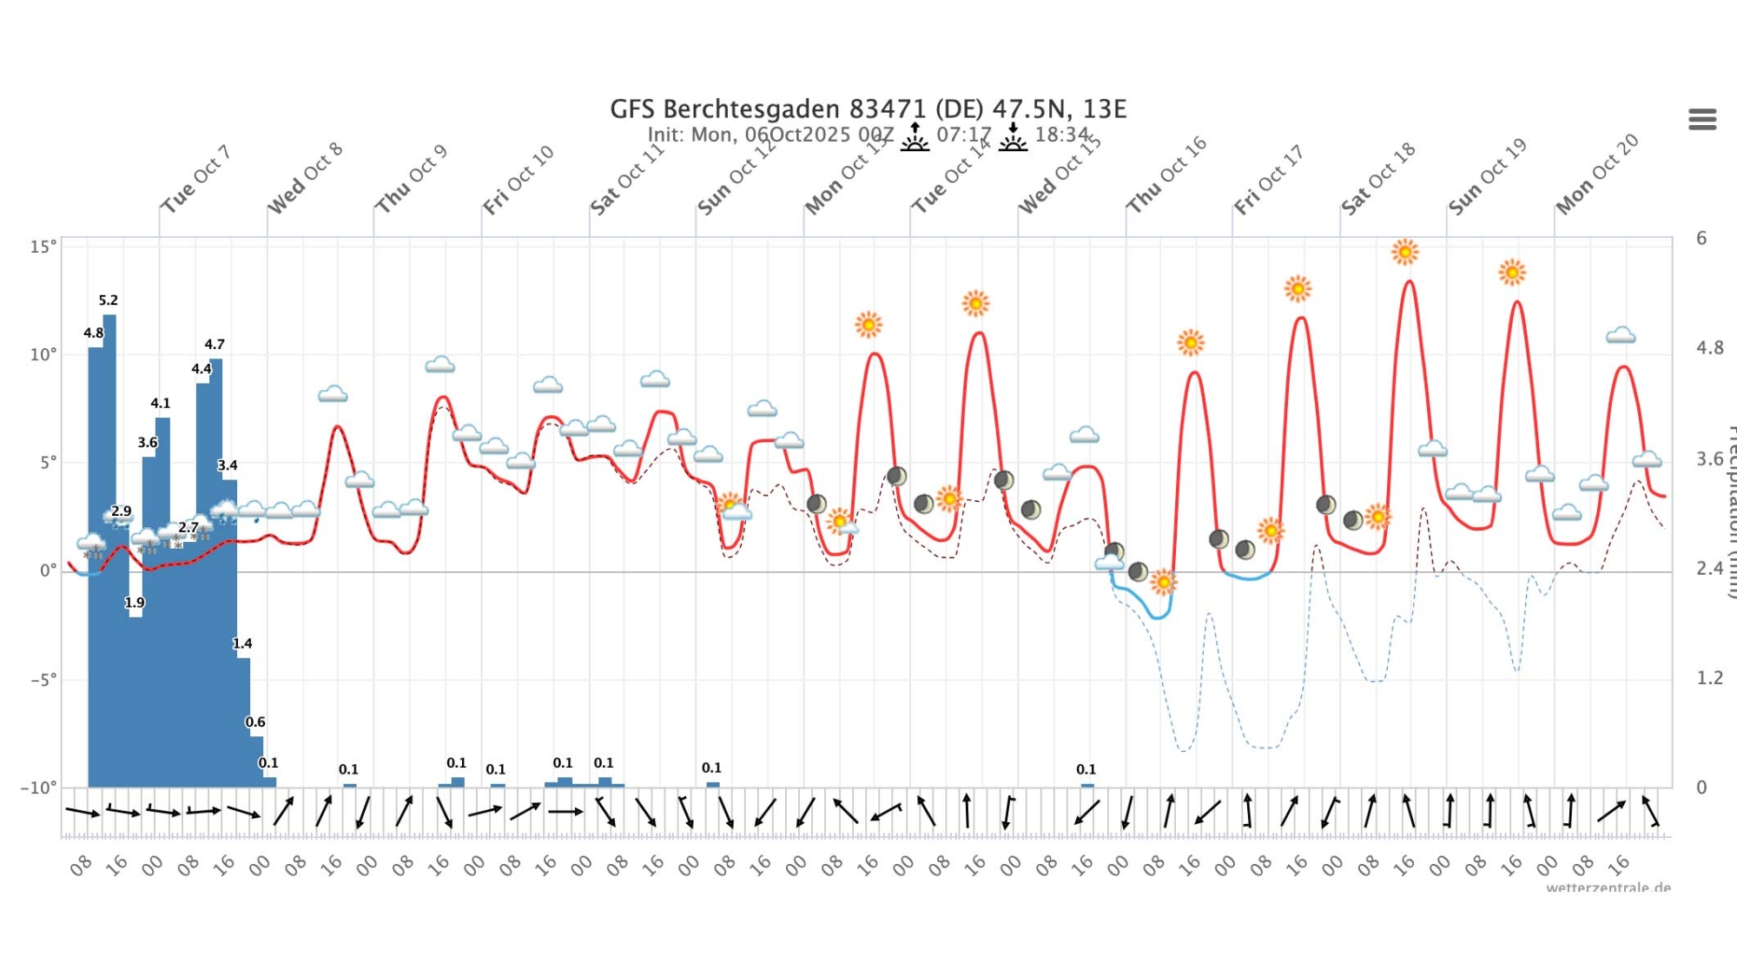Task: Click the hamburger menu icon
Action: click(x=1702, y=119)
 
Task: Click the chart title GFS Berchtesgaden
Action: click(x=868, y=109)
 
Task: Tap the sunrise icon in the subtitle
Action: click(x=915, y=137)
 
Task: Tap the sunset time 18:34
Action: click(x=1061, y=135)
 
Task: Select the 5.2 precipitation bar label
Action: click(x=109, y=300)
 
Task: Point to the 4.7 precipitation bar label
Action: click(x=215, y=345)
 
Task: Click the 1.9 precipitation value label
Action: click(x=135, y=603)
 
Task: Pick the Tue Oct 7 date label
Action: click(x=196, y=179)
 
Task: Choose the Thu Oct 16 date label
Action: click(x=1166, y=175)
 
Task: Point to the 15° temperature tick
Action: click(x=43, y=247)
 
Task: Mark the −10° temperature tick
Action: click(x=39, y=788)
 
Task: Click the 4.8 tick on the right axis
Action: click(x=1709, y=348)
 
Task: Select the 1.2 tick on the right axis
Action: click(x=1709, y=678)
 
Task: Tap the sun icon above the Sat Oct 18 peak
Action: click(x=1404, y=253)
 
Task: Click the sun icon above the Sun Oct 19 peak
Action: click(x=1512, y=273)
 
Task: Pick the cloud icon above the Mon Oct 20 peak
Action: click(x=1621, y=335)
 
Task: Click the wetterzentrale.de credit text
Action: click(x=1608, y=887)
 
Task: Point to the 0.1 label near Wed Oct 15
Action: click(x=1086, y=769)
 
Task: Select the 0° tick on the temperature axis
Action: click(x=49, y=570)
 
